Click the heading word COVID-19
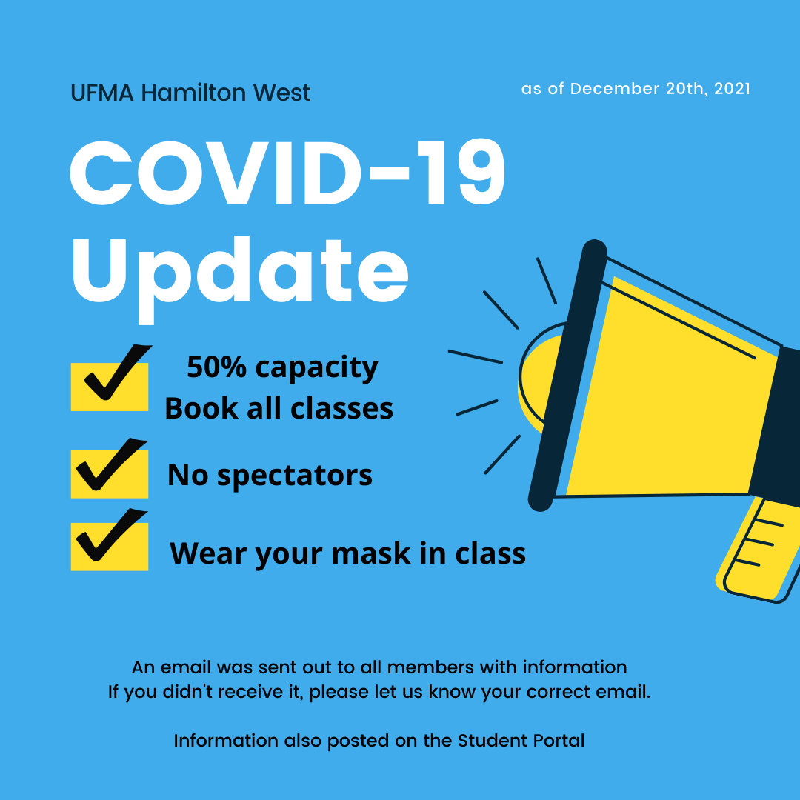(x=287, y=172)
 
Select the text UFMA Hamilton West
(x=190, y=93)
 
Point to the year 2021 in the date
(x=732, y=89)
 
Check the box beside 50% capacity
(x=110, y=386)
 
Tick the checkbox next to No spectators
(x=110, y=473)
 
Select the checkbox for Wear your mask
(x=110, y=546)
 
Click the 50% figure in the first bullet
(x=217, y=367)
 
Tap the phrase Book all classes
(x=279, y=408)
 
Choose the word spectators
(x=295, y=476)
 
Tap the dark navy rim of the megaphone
(x=567, y=375)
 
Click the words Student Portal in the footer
(x=521, y=740)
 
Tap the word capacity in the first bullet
(x=317, y=368)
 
